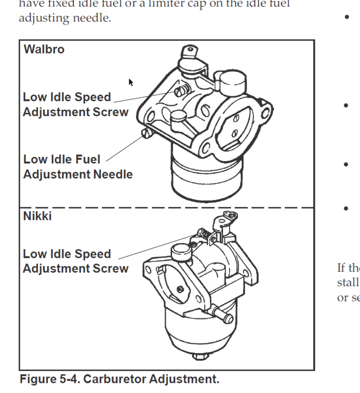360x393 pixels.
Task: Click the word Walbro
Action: click(x=44, y=51)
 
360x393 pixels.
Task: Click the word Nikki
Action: click(x=37, y=215)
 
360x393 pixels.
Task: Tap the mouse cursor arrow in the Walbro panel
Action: click(x=131, y=82)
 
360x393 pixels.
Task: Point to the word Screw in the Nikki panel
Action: click(x=110, y=268)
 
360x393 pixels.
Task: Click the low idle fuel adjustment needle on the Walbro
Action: click(x=147, y=134)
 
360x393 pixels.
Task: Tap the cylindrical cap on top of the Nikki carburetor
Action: click(x=182, y=251)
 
